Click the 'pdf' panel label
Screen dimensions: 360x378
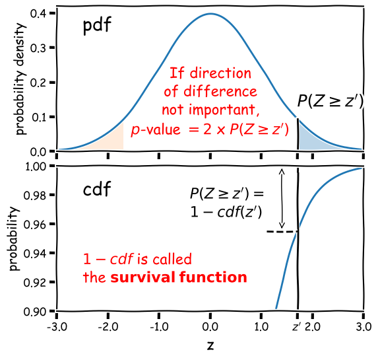coord(97,28)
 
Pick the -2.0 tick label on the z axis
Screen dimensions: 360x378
coord(108,326)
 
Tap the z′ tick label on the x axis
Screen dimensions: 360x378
coord(298,326)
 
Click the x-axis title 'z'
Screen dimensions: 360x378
coord(210,345)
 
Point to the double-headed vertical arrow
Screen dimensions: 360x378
coord(282,198)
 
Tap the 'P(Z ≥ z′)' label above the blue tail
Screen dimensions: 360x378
coord(330,101)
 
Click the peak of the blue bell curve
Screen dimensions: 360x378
coord(210,14)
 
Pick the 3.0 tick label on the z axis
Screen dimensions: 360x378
coord(363,326)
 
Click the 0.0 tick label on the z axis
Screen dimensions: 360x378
coord(210,326)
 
